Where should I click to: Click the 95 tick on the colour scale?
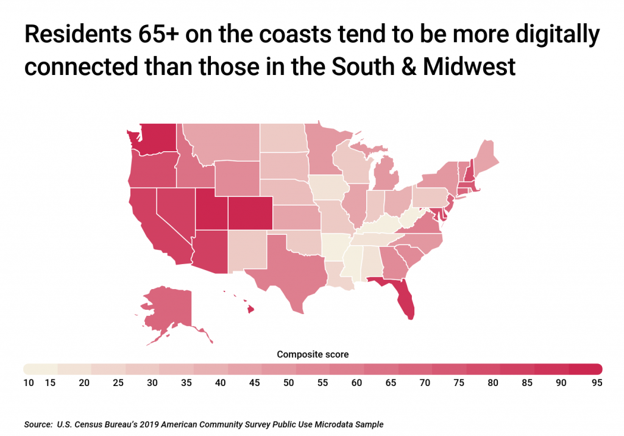pyautogui.click(x=597, y=383)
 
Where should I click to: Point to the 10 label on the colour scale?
pyautogui.click(x=29, y=383)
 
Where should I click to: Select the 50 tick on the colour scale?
pyautogui.click(x=289, y=383)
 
